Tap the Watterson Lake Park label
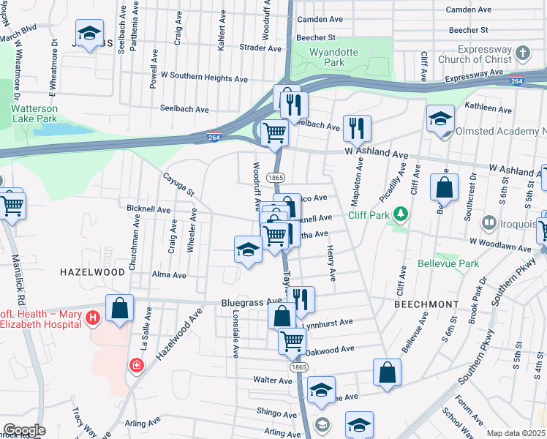coord(34,113)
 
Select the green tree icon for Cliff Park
coord(399,214)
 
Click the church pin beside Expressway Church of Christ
coord(522,53)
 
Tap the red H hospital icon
coord(93,318)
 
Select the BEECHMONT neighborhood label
coord(426,303)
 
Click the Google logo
coord(24,430)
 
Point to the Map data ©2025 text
coord(516,433)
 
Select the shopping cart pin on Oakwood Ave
coord(292,339)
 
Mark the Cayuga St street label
coord(178,184)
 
